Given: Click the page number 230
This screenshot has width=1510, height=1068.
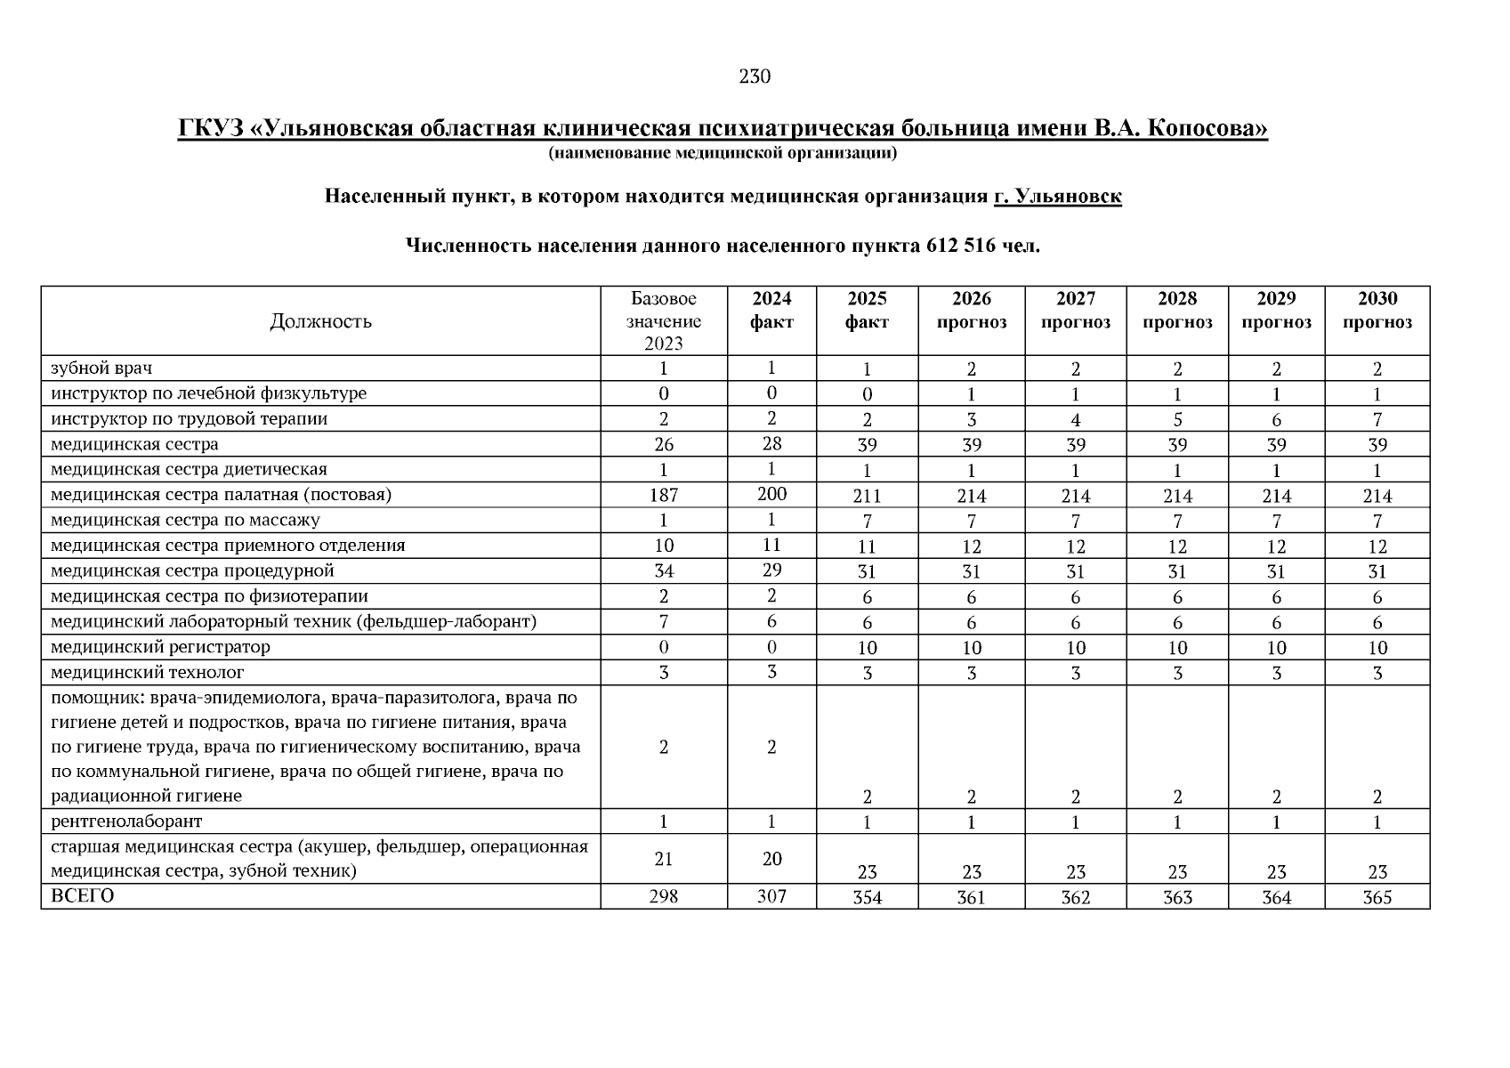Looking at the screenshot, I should (755, 77).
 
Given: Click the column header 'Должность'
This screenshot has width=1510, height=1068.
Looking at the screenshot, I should (320, 321).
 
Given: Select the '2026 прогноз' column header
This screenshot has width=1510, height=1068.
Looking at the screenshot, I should (971, 311).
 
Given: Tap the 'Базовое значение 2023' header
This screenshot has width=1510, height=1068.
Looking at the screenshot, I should (664, 321).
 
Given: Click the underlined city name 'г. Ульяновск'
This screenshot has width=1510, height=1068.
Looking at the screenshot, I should (1057, 196).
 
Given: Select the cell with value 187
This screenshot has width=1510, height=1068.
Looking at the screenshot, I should (664, 495).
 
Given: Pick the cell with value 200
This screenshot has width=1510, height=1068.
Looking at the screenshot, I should (771, 494).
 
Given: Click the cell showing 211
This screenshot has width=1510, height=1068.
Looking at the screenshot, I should (867, 497).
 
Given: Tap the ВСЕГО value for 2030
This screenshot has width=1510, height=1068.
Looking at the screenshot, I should (1377, 898).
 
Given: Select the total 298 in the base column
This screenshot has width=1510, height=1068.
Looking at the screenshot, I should (664, 896).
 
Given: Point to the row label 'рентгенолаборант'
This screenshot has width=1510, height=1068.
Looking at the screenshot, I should (126, 821).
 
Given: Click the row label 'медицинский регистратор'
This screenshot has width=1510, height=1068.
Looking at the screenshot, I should (160, 647).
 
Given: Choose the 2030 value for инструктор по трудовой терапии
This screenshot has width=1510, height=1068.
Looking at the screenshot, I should (1377, 420).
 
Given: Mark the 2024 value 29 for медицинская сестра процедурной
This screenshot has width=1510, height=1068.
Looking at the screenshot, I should (771, 570).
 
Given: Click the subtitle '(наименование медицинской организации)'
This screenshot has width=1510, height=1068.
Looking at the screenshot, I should (723, 154).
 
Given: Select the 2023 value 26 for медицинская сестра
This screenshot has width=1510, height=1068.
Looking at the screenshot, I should (664, 444).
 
